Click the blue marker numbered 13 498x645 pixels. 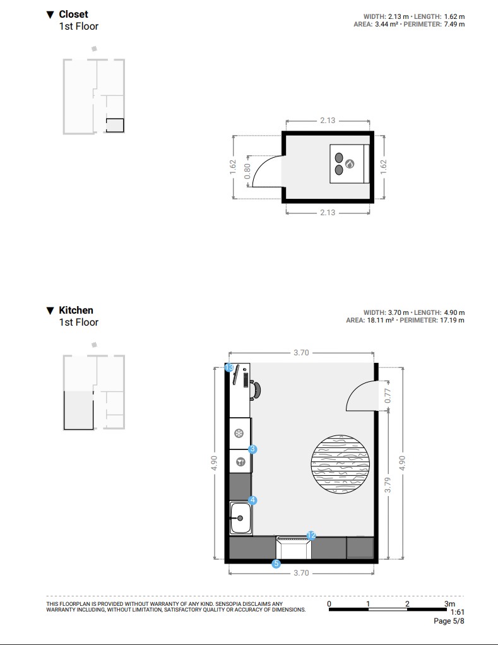(x=230, y=367)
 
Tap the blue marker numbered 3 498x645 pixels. (x=252, y=449)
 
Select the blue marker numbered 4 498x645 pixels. (x=252, y=500)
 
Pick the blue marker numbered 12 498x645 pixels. (x=311, y=535)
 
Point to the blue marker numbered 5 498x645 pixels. (x=276, y=564)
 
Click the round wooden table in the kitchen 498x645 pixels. (x=340, y=464)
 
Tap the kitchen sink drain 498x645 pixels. (x=240, y=518)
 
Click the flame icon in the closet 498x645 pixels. (x=350, y=163)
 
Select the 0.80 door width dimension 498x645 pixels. (x=247, y=171)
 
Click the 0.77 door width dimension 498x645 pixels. (x=388, y=396)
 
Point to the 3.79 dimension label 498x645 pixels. (x=388, y=485)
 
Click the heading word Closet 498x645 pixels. (x=73, y=15)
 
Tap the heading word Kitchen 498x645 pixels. (x=76, y=310)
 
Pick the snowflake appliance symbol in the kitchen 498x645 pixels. (x=239, y=433)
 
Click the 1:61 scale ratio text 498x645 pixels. (x=457, y=612)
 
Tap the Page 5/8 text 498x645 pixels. (x=449, y=621)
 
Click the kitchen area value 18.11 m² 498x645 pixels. (x=381, y=320)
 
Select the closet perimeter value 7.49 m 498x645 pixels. (x=454, y=24)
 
